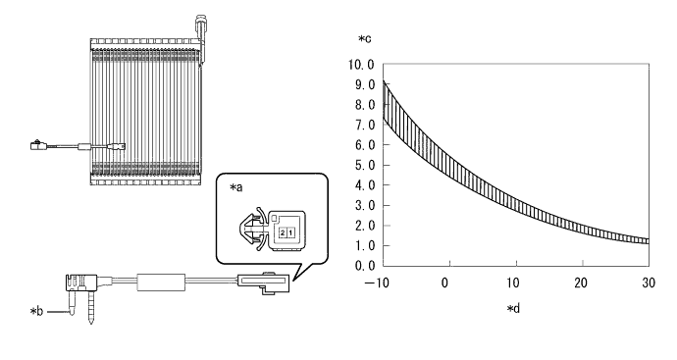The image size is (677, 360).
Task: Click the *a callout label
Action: pyautogui.click(x=236, y=187)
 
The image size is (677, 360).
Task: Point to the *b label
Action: pyautogui.click(x=36, y=311)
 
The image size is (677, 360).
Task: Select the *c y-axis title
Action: pyautogui.click(x=364, y=39)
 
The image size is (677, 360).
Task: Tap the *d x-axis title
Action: pyautogui.click(x=513, y=309)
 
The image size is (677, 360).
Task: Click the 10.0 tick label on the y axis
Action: pyautogui.click(x=361, y=65)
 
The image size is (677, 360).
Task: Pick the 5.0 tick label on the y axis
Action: pyautogui.click(x=365, y=166)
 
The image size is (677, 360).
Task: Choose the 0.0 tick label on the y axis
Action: pyautogui.click(x=365, y=266)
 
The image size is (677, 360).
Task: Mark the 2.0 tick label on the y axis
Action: pyautogui.click(x=365, y=226)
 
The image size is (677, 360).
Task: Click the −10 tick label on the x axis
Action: pyautogui.click(x=377, y=283)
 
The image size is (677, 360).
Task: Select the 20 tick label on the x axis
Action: pyautogui.click(x=581, y=283)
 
